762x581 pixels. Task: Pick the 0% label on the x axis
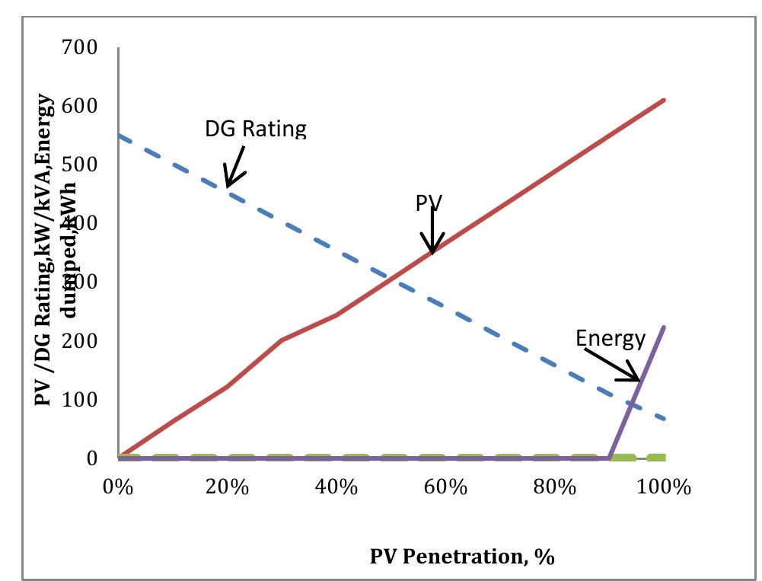[x=118, y=487]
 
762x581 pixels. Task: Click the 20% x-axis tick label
[x=227, y=487]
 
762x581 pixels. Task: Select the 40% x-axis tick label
[x=336, y=487]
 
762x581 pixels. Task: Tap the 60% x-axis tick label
[x=445, y=487]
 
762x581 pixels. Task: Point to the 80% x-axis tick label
[x=554, y=487]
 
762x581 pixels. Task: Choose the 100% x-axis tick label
[x=663, y=487]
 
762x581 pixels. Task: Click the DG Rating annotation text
[x=255, y=129]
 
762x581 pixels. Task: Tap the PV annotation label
[x=429, y=203]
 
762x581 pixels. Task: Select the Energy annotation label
[x=611, y=338]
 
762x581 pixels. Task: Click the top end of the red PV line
[x=665, y=100]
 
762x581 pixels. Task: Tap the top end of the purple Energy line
[x=665, y=327]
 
